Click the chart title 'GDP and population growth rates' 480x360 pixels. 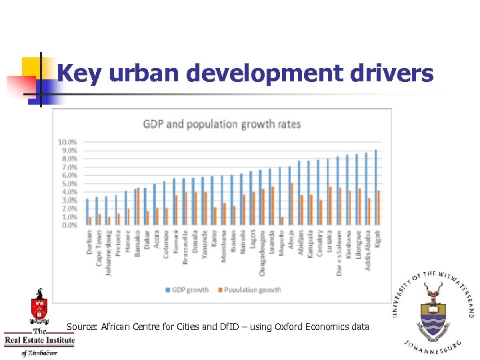pyautogui.click(x=222, y=124)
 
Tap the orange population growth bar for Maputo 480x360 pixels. pyautogui.click(x=283, y=221)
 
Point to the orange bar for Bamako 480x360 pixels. pyautogui.click(x=138, y=207)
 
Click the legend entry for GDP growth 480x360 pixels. pyautogui.click(x=187, y=290)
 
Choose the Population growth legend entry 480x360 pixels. pyautogui.click(x=249, y=290)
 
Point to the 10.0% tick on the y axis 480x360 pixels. pyautogui.click(x=67, y=142)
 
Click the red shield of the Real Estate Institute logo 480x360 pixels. pyautogui.click(x=39, y=309)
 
